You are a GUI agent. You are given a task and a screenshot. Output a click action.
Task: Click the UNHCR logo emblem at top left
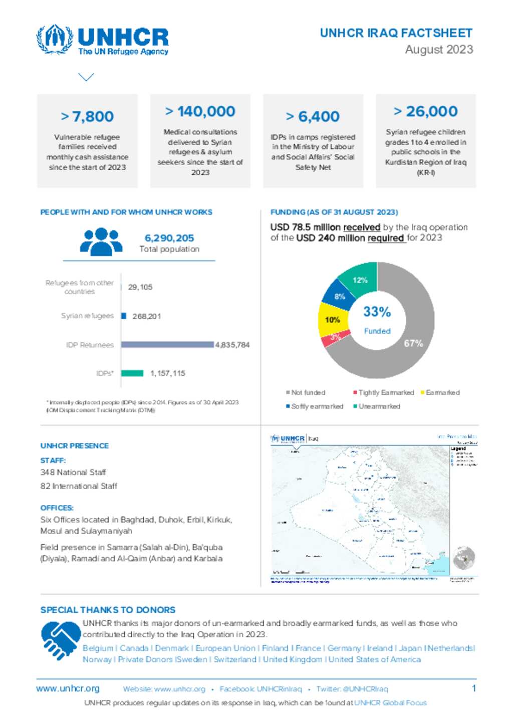[55, 39]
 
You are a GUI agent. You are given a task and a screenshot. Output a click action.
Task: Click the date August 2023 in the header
[439, 50]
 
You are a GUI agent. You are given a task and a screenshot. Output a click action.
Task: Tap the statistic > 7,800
[87, 116]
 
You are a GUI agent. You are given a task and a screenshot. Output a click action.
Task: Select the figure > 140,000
[200, 111]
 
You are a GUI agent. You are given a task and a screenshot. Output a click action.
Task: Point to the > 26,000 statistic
[425, 111]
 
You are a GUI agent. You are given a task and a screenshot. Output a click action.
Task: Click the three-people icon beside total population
[101, 242]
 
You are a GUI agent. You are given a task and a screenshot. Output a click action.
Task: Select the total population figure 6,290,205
[169, 238]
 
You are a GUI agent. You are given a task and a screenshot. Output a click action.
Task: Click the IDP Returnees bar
[167, 345]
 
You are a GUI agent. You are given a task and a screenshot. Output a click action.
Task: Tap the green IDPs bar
[132, 373]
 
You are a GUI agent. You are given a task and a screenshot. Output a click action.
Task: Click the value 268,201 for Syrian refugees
[147, 316]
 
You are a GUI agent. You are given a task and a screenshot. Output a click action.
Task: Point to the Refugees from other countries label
[80, 287]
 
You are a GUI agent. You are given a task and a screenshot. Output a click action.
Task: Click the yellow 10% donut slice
[332, 320]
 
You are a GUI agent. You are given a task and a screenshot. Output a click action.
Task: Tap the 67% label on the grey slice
[413, 343]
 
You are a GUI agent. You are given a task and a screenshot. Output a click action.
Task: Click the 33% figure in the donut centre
[377, 312]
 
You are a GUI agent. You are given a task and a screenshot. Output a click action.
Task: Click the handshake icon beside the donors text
[60, 639]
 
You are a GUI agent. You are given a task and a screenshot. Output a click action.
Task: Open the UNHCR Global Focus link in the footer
[390, 703]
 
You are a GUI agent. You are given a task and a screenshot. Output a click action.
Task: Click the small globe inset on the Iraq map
[463, 558]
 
